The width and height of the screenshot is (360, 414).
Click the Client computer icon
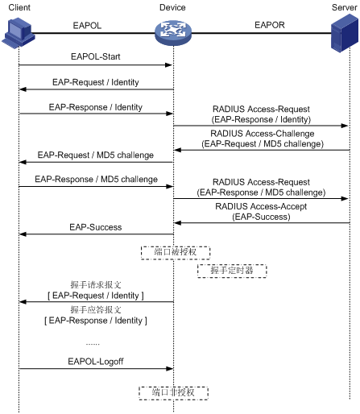coord(19,33)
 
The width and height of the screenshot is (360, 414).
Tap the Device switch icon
coord(173,33)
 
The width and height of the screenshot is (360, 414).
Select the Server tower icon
coord(345,33)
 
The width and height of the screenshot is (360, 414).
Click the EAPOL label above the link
coord(87,26)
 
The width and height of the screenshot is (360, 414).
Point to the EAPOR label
coord(270,25)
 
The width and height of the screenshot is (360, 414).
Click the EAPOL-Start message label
coord(96,56)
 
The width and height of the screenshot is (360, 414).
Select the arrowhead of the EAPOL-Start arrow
coord(168,65)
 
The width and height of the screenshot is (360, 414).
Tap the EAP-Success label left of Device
coord(96,227)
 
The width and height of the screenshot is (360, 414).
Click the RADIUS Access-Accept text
coord(261,206)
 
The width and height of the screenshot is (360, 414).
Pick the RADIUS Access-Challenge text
coord(263,134)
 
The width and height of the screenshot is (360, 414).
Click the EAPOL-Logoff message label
coord(96,362)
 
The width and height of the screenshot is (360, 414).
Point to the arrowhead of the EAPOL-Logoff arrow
coord(170,369)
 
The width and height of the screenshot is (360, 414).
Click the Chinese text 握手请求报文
coord(96,284)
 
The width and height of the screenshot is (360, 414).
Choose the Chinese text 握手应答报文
coord(96,309)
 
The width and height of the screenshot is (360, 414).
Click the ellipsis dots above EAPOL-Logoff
coord(93,344)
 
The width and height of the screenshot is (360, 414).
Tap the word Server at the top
coord(345,7)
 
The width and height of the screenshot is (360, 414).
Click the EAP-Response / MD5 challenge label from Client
coord(96,179)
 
